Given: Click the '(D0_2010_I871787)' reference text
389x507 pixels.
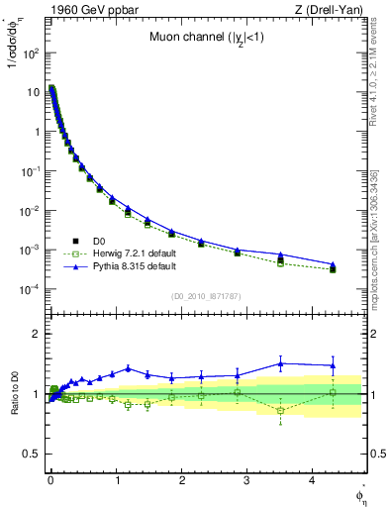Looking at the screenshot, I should pos(206,295).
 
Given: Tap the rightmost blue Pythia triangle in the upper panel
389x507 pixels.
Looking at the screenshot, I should pos(333,264).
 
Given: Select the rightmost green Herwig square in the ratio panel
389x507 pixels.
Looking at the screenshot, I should pos(333,392).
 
